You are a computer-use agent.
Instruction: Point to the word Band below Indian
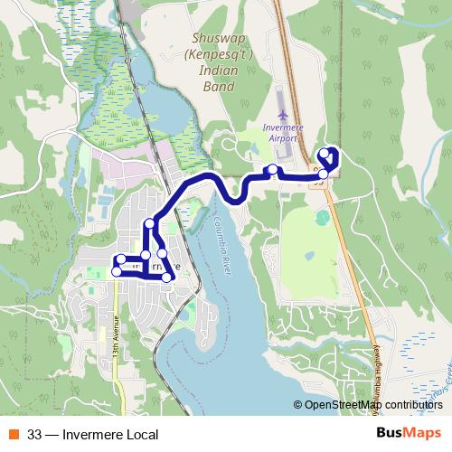pyautogui.click(x=220, y=87)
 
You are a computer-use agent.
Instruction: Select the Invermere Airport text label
pyautogui.click(x=287, y=135)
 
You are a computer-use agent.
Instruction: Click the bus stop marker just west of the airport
pyautogui.click(x=272, y=170)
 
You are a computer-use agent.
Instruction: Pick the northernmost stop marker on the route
pyautogui.click(x=331, y=152)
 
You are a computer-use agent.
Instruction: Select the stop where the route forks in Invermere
pyautogui.click(x=150, y=223)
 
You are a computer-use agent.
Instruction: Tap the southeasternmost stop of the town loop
pyautogui.click(x=166, y=276)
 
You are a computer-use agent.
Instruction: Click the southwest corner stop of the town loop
pyautogui.click(x=117, y=271)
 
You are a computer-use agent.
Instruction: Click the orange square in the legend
pyautogui.click(x=14, y=434)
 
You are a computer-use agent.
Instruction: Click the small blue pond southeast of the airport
pyautogui.click(x=323, y=218)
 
